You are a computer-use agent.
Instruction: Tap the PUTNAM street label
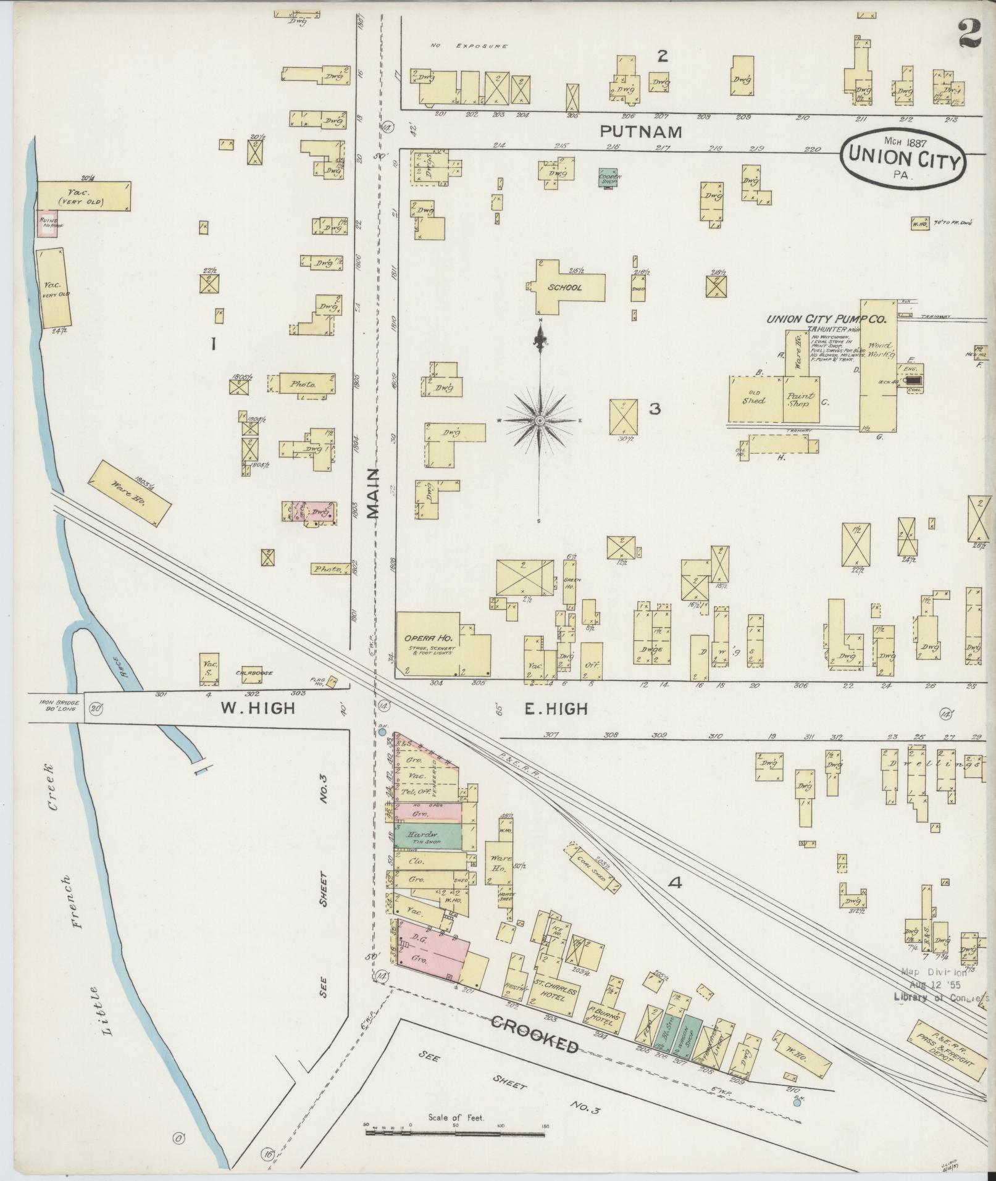(x=641, y=131)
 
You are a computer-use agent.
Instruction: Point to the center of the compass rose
(x=540, y=421)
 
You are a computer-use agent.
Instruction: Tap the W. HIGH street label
(x=257, y=708)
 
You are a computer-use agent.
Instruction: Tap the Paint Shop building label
(x=800, y=400)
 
